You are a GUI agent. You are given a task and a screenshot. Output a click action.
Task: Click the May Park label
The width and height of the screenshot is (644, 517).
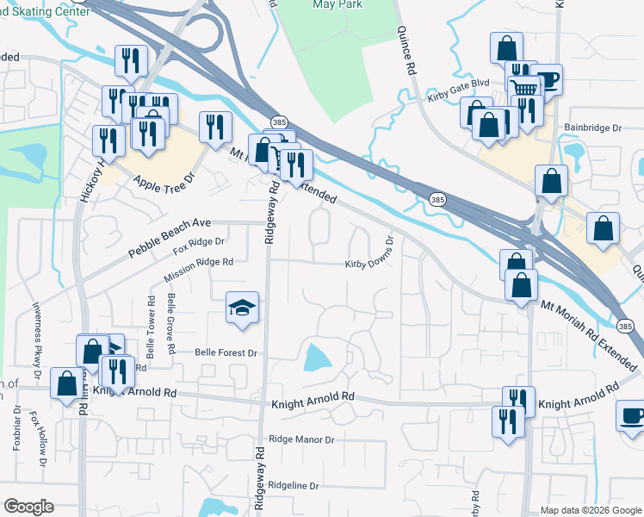[335, 5]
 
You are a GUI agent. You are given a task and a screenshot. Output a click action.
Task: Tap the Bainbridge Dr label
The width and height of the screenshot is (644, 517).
[592, 128]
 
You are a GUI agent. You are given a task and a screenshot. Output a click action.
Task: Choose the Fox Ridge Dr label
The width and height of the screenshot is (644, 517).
[198, 246]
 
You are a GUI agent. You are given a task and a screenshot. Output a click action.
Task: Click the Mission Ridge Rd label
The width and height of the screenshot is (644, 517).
[198, 270]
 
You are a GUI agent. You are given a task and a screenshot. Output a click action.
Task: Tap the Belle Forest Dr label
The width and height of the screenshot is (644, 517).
[226, 353]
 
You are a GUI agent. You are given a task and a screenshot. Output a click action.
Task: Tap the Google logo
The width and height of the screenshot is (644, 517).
[28, 507]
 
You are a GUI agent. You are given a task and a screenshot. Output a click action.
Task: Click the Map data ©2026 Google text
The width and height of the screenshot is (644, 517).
[590, 510]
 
